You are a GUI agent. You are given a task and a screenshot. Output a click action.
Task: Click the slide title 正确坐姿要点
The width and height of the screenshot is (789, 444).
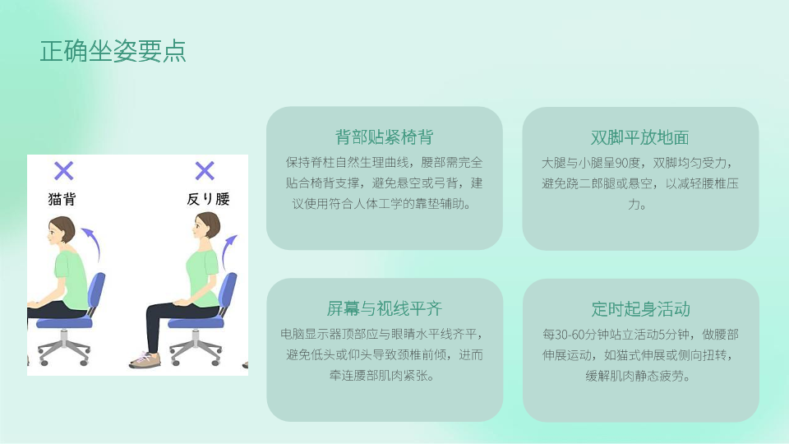(113, 51)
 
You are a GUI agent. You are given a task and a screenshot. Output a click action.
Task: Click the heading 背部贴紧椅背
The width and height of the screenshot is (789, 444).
(384, 137)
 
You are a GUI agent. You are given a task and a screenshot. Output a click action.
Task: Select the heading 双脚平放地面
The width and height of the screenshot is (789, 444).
(640, 137)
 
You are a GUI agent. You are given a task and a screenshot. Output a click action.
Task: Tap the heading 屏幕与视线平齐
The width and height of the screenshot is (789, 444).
(385, 308)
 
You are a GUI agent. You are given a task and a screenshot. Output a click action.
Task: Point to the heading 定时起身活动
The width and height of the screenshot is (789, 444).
(640, 309)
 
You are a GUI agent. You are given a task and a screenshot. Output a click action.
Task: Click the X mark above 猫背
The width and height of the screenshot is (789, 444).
(64, 171)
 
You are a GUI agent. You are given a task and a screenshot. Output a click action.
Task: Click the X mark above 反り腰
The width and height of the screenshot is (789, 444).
(205, 171)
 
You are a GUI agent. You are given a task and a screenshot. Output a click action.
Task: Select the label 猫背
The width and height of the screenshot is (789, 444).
(62, 199)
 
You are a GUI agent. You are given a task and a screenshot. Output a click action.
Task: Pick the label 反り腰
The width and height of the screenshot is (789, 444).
(208, 199)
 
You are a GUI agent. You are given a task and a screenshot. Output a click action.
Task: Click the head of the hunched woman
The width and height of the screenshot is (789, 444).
(61, 230)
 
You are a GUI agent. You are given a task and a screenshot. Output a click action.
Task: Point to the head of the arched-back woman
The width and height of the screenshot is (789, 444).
(206, 226)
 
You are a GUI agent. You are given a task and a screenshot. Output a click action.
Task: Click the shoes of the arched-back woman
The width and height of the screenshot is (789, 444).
(145, 360)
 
